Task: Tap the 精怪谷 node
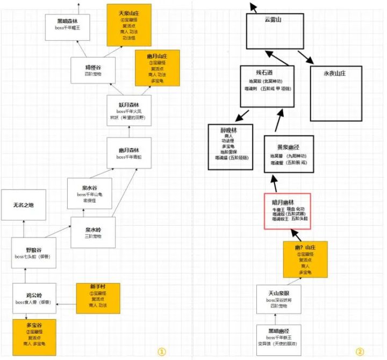click(93, 70)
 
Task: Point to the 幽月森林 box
click(129, 153)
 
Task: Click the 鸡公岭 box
click(34, 298)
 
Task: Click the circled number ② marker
click(360, 351)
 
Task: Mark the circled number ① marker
click(161, 351)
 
